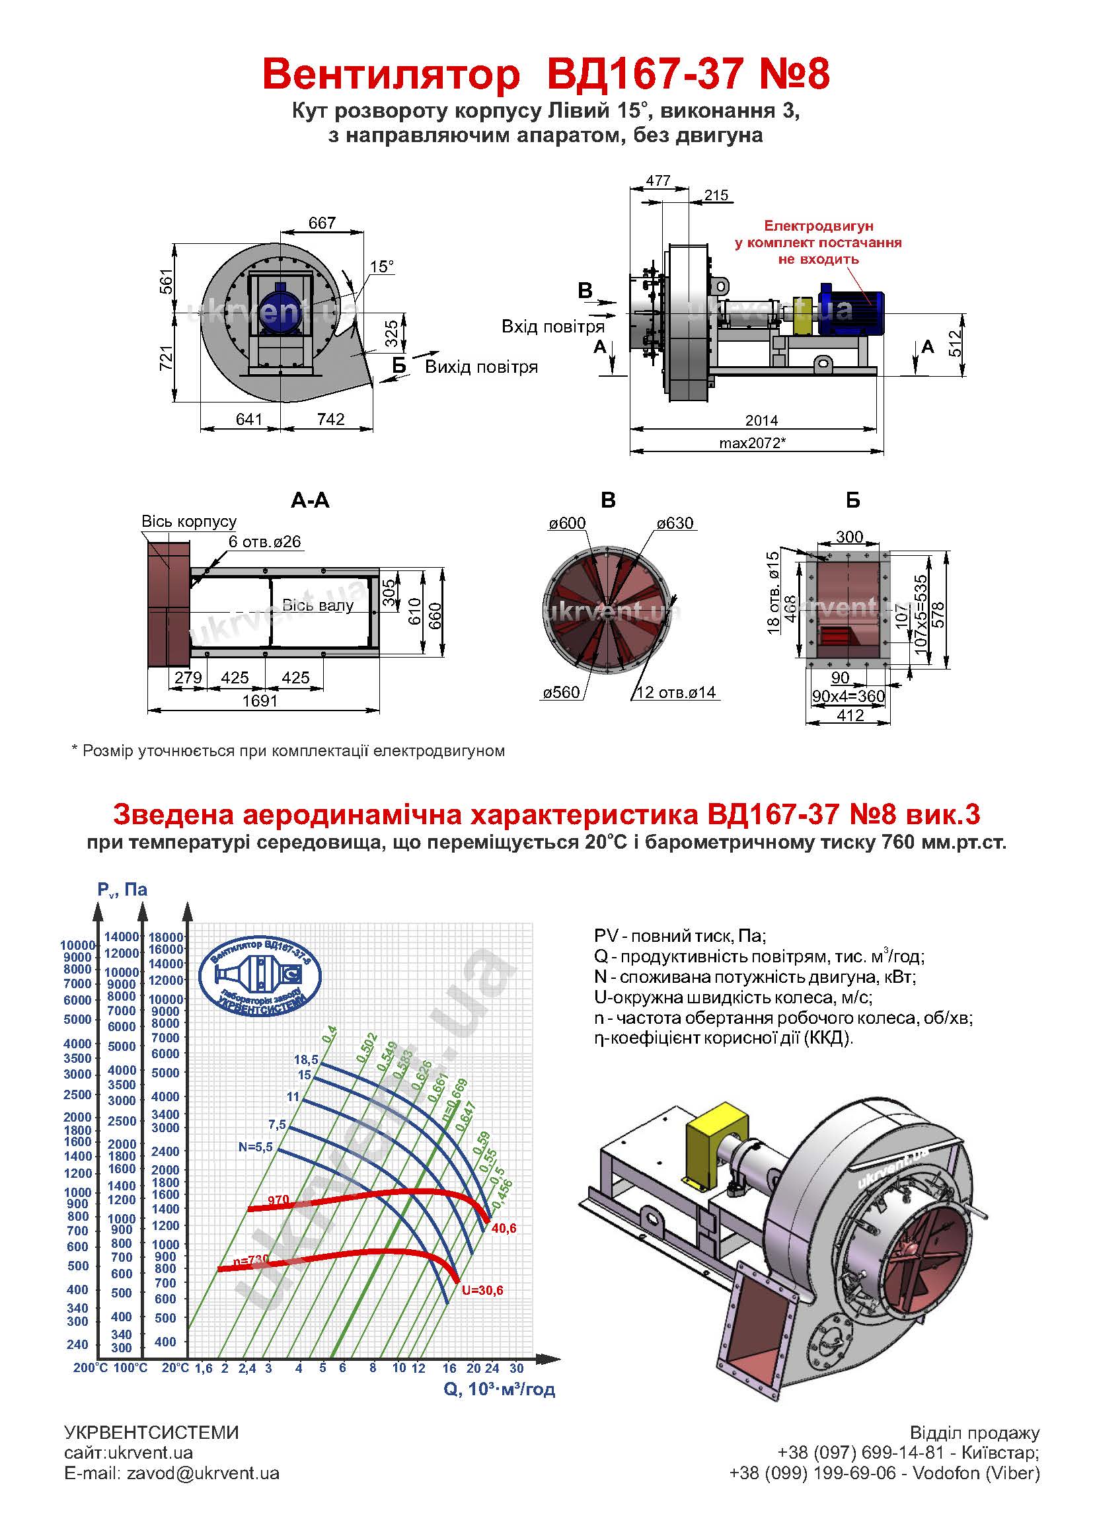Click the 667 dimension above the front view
(x=322, y=223)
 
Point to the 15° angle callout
(x=381, y=266)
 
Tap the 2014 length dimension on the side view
(x=761, y=420)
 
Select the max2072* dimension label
(x=753, y=443)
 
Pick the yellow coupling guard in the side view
(x=803, y=315)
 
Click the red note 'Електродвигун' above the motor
(x=818, y=226)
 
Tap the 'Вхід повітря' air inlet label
(x=552, y=327)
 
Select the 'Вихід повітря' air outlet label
(x=481, y=367)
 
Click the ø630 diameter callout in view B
(x=675, y=523)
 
